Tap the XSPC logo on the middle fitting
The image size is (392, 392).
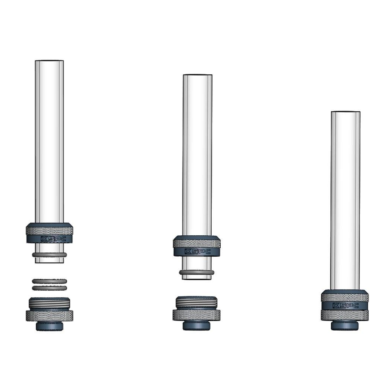pos(197,251)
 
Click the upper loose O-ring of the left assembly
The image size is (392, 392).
pos(49,281)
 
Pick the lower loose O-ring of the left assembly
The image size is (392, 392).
pos(49,288)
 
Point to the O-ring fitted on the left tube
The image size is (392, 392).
pos(49,255)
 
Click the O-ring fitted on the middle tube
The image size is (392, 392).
pos(196,272)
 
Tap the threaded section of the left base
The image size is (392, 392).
pos(49,303)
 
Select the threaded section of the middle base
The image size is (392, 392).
pos(196,303)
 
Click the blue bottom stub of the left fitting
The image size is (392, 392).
pos(49,326)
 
